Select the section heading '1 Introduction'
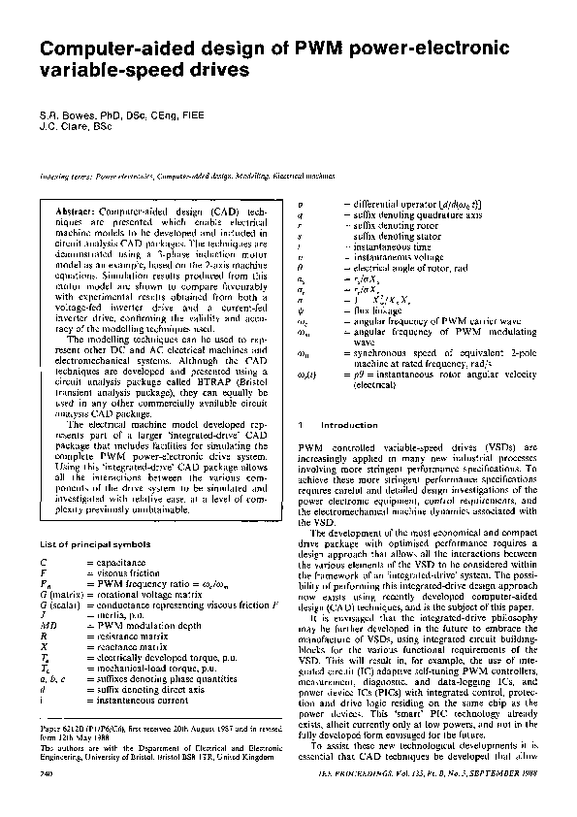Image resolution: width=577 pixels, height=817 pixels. click(330, 425)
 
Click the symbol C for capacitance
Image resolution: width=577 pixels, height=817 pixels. click(44, 562)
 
